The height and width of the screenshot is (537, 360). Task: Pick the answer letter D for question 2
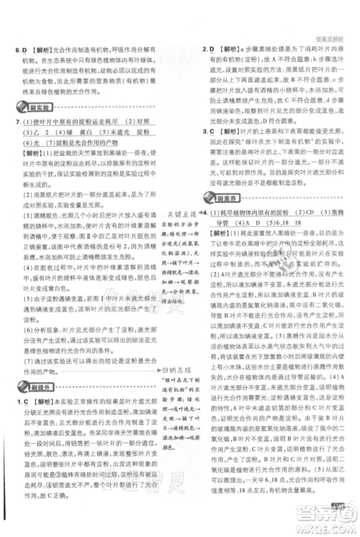point(214,50)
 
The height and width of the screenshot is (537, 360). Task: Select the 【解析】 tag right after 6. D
point(39,50)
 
